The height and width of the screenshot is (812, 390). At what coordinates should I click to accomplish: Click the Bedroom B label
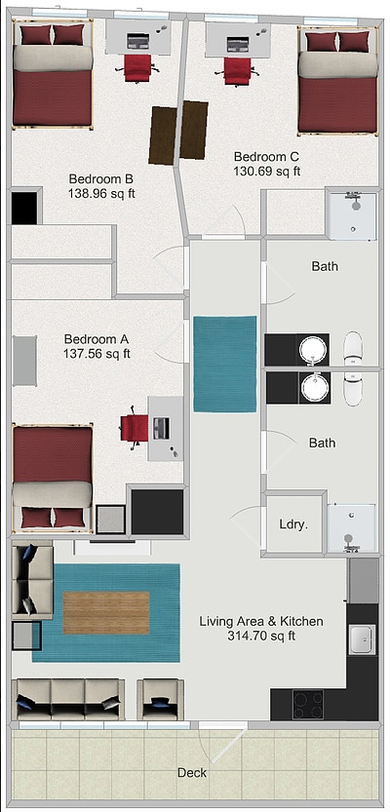(x=101, y=179)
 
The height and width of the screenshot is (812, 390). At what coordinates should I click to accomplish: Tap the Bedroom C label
(x=266, y=157)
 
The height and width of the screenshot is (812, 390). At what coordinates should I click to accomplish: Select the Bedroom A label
(x=97, y=339)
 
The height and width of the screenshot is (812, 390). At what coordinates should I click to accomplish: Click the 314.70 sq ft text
(x=260, y=636)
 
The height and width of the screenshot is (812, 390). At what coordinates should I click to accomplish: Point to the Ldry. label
(x=293, y=523)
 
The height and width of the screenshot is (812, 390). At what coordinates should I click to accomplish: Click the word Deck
(x=192, y=773)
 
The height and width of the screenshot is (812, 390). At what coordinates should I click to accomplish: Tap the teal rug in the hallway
(x=224, y=364)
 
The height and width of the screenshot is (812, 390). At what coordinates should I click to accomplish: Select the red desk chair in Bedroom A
(x=134, y=428)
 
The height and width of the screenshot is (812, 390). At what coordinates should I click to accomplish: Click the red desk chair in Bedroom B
(x=138, y=67)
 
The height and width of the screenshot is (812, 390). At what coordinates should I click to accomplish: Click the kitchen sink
(x=361, y=639)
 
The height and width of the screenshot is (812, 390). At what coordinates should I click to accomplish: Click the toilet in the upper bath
(x=352, y=348)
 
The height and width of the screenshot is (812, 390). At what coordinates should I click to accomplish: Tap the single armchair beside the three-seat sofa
(x=160, y=699)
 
